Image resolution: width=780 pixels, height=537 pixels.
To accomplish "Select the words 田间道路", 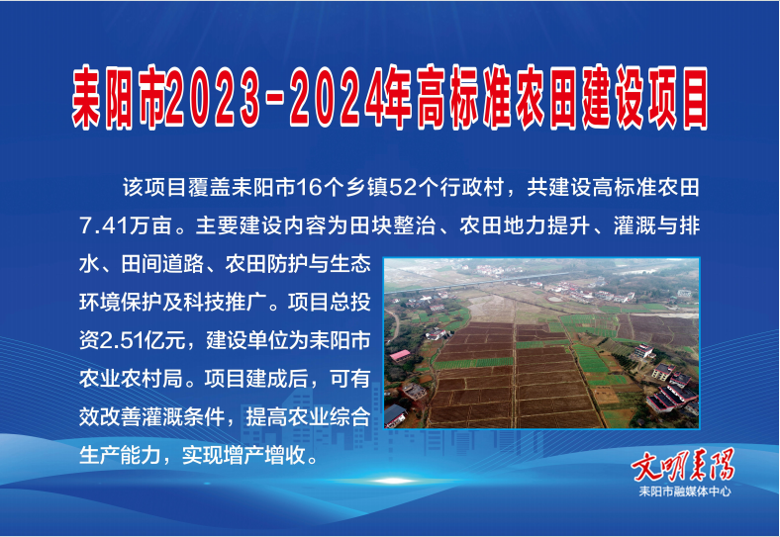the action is (163, 264).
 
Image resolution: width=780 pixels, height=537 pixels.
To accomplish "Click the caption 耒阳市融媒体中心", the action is (685, 492).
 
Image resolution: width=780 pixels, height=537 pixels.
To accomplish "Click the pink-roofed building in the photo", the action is (400, 355).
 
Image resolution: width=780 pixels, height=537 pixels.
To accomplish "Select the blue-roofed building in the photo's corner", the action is (396, 415).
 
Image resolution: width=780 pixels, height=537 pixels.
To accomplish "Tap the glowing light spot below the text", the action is (393, 481).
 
